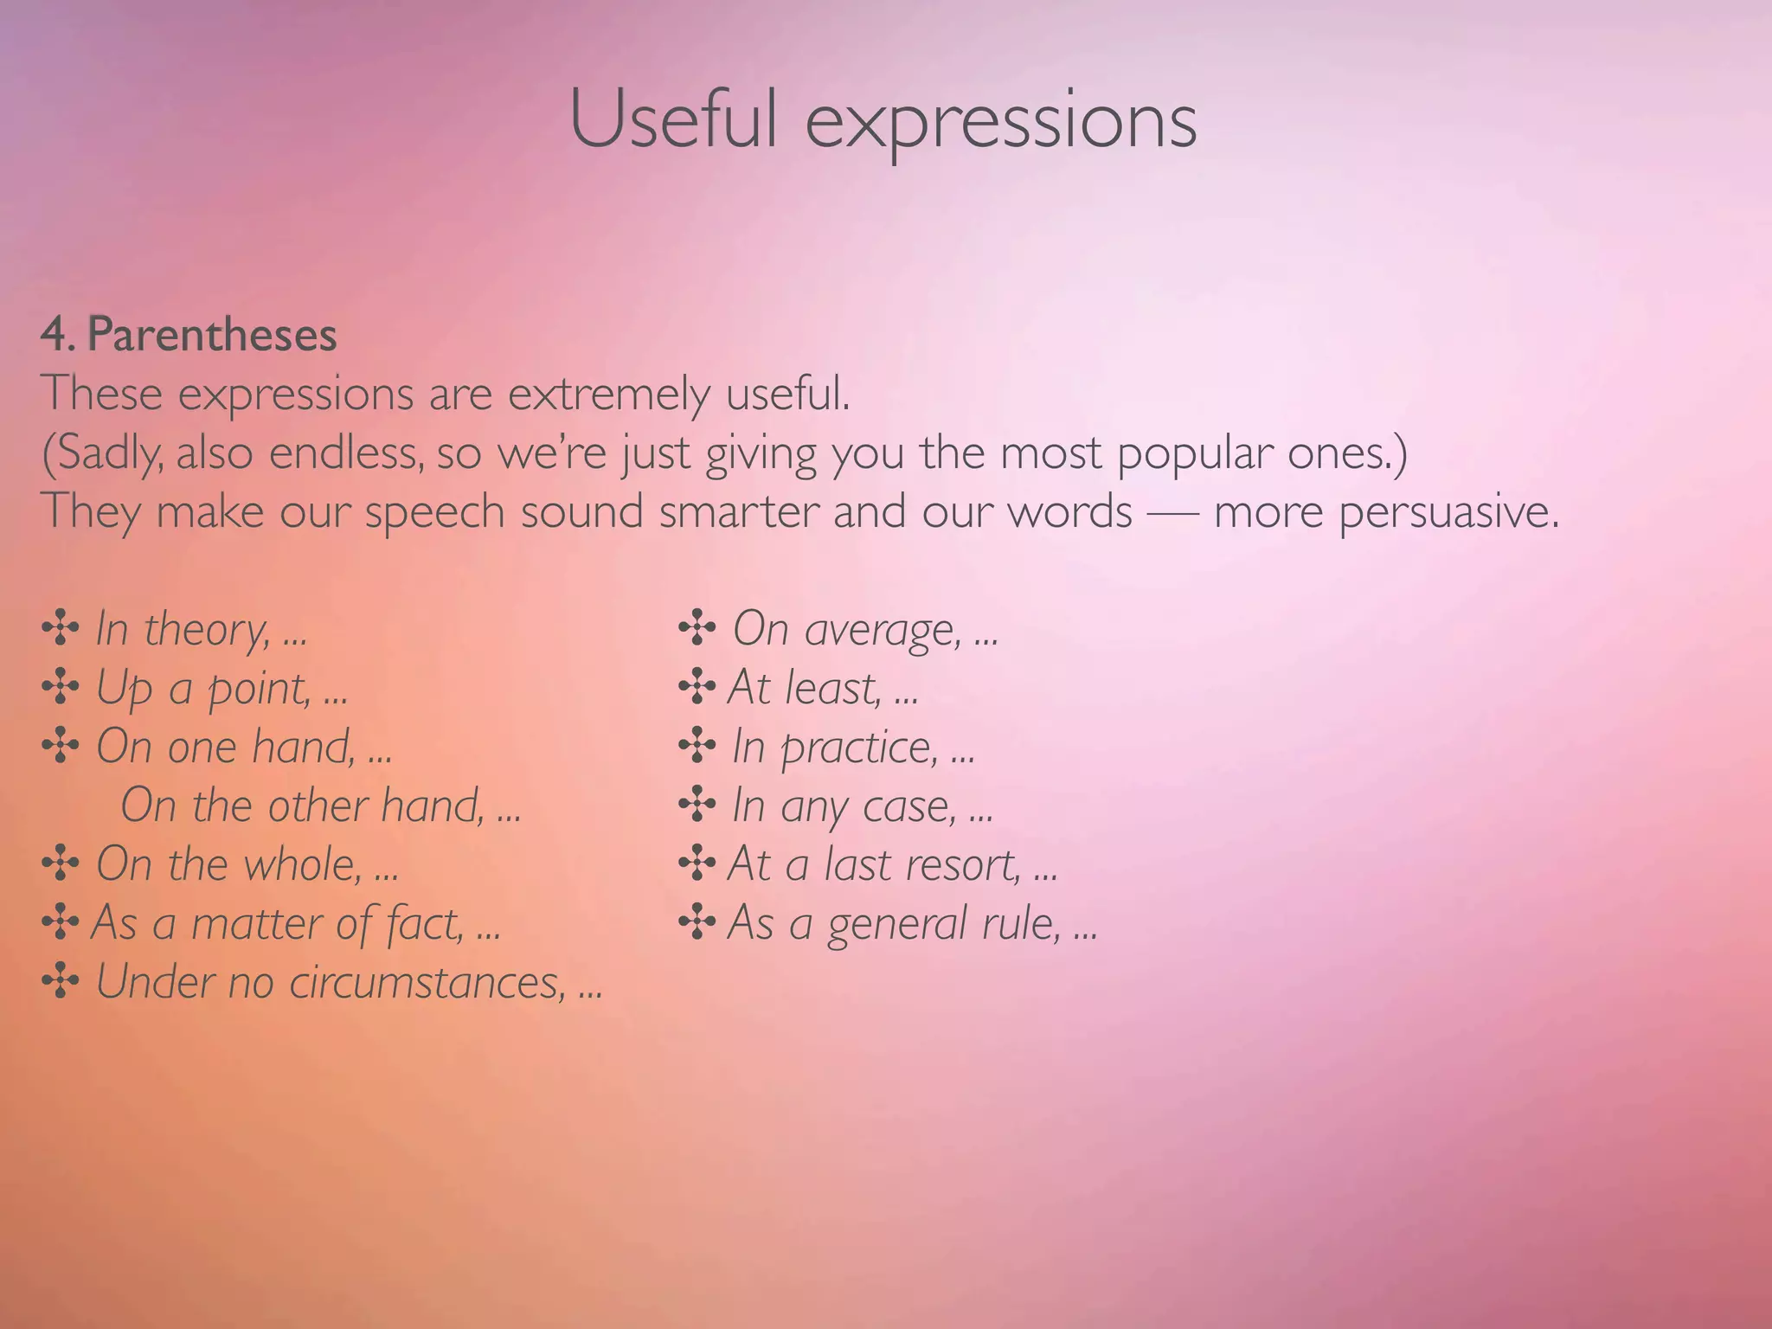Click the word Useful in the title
[x=672, y=120]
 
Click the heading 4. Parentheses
[x=189, y=335]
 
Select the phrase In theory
[x=182, y=629]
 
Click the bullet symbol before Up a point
[x=60, y=688]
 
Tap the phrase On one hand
[x=225, y=747]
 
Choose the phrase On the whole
[x=228, y=864]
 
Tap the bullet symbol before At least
[x=697, y=688]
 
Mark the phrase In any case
[x=844, y=806]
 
